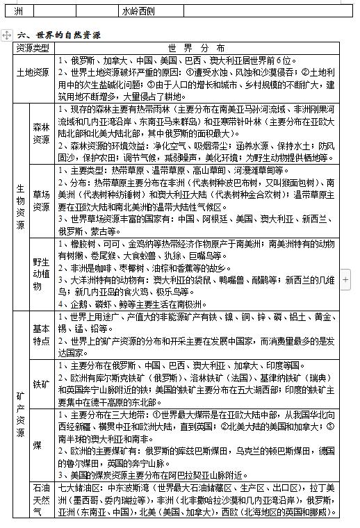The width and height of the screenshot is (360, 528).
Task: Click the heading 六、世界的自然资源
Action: click(x=59, y=35)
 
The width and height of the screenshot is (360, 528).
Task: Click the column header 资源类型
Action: click(x=33, y=48)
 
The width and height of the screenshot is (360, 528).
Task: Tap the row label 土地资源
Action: click(x=33, y=73)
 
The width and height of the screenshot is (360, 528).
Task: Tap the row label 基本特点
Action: click(x=42, y=336)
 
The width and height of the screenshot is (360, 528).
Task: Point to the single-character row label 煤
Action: click(x=42, y=445)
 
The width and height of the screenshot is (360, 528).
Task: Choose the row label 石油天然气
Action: click(x=42, y=500)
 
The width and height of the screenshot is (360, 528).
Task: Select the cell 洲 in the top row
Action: click(x=19, y=11)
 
